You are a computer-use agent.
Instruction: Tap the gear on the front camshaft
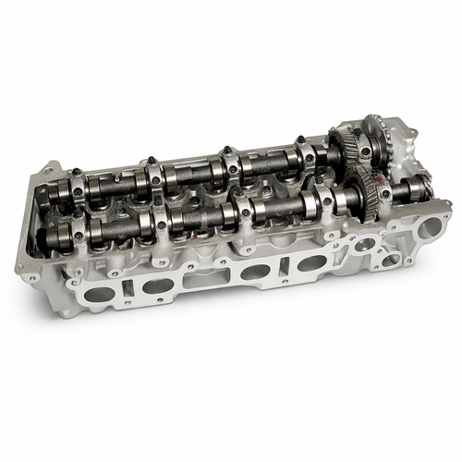coord(368,195)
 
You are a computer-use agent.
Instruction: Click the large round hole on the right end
coord(429,225)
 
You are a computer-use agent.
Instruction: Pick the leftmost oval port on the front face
coord(100,295)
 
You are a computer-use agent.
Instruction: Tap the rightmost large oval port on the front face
coord(311,263)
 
